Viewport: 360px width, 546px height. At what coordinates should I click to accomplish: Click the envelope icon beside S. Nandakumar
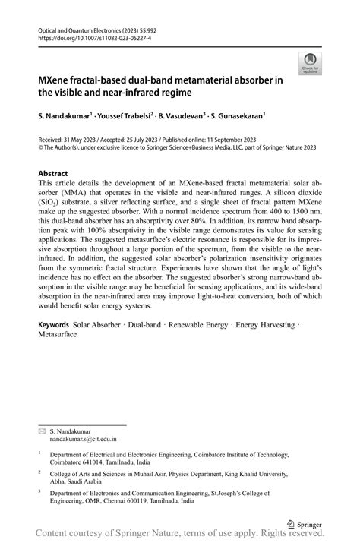click(42, 431)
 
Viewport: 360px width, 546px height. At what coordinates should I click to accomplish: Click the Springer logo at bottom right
click(304, 524)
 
